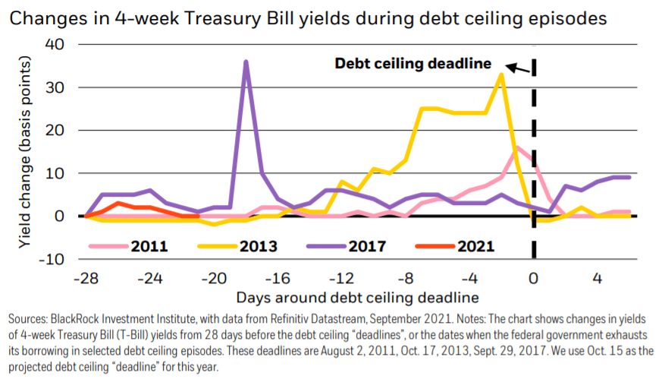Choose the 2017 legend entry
tap(363, 245)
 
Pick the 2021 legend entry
tap(475, 245)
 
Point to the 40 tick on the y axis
tap(56, 45)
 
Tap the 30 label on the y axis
tap(56, 88)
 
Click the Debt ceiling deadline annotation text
tap(413, 64)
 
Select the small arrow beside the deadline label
tap(519, 68)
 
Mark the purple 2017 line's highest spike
tap(246, 62)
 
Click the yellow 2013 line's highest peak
tap(500, 74)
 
